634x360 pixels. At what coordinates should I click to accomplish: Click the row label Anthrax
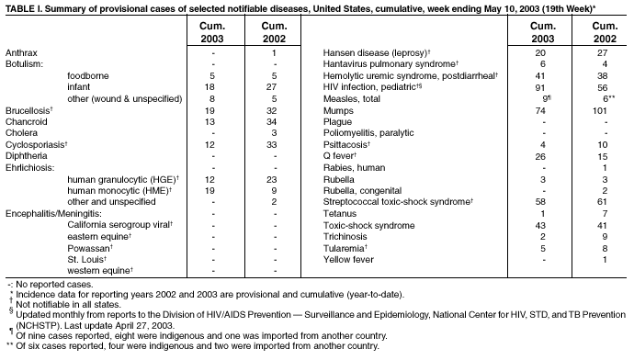point(22,54)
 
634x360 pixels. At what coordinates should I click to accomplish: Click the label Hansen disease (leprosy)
point(373,54)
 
